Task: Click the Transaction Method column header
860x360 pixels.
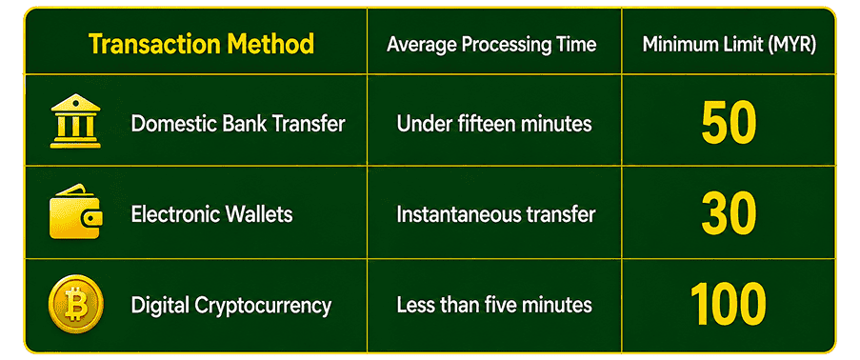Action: (x=201, y=44)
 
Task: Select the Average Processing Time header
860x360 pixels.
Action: (x=491, y=45)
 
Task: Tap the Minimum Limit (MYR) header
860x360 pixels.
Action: (x=729, y=45)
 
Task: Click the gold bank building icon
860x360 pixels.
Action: (x=75, y=121)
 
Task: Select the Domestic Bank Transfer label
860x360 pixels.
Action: (x=238, y=124)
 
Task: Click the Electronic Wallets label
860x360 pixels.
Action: (x=211, y=214)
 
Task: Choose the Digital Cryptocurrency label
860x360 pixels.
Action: (x=230, y=305)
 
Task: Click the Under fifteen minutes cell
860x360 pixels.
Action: (x=494, y=124)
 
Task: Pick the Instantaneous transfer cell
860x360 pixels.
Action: (x=496, y=214)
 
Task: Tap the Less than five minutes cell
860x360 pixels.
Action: (x=494, y=305)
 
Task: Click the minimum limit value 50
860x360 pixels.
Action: (x=729, y=123)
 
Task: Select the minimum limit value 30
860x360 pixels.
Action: (x=729, y=213)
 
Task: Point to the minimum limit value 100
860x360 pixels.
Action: (x=728, y=304)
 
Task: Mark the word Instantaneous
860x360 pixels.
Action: (x=460, y=214)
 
